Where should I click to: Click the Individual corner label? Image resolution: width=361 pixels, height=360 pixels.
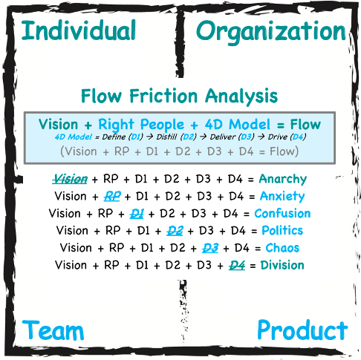coord(79,30)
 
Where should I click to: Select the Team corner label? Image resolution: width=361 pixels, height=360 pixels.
coord(53,330)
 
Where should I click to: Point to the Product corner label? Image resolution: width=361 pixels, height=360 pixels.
coord(302,330)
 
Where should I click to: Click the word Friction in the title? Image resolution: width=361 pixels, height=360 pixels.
coord(163,96)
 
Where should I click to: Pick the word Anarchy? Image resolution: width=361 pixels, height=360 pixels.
coord(283,179)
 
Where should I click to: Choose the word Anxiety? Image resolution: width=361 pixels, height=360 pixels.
coord(282,197)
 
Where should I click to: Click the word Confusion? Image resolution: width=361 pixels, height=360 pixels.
coord(282,214)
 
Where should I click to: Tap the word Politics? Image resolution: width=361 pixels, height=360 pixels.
coord(282,231)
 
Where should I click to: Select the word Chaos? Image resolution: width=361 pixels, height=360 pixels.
coord(282,248)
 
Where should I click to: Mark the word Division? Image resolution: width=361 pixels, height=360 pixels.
coord(282,265)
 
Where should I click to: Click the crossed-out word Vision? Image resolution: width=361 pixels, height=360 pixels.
coord(70,179)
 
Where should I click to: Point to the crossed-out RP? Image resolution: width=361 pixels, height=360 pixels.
coord(112,197)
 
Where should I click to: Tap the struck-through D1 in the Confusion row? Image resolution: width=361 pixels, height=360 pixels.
coord(137,214)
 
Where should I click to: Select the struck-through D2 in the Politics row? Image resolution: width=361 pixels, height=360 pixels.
coord(175,231)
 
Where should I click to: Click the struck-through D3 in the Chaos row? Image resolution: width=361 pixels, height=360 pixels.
coord(210,248)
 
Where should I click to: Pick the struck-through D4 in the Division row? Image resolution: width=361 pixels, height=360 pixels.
coord(237,265)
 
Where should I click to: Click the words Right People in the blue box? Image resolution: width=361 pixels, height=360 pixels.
coord(141,125)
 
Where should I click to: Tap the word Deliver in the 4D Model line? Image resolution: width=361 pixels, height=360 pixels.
coord(223,137)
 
